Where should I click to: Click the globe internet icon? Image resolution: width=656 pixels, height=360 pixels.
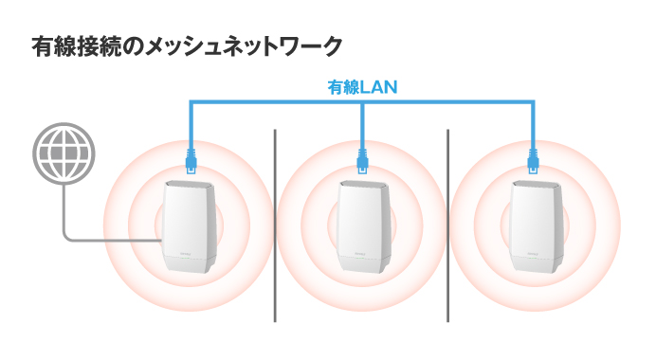pos(64,153)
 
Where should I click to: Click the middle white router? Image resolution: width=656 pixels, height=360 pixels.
pos(363,227)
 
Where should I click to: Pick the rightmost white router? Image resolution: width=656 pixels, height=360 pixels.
pos(535,227)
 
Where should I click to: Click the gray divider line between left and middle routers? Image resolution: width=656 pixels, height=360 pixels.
pos(275,227)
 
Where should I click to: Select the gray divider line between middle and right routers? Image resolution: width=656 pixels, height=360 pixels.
pos(447,227)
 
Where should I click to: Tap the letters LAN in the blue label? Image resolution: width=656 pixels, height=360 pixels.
pos(378,87)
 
